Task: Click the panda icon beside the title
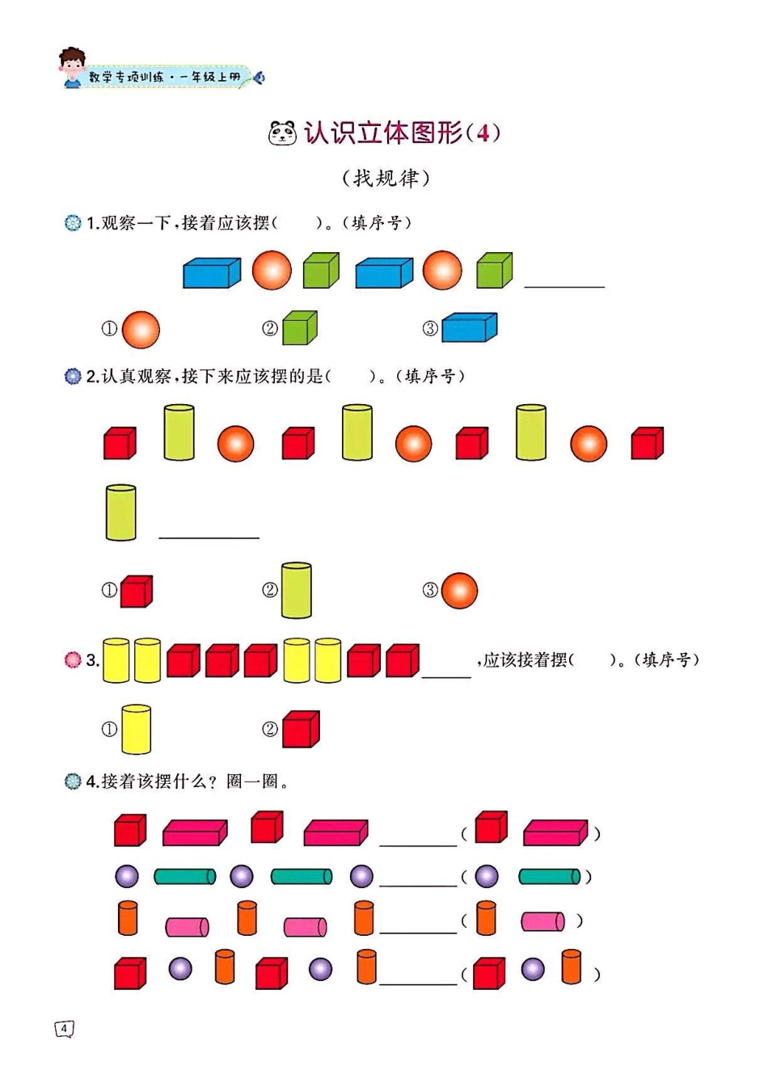(x=282, y=133)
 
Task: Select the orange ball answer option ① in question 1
(x=141, y=330)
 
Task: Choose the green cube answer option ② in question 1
(x=300, y=328)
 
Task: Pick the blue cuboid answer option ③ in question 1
(x=469, y=327)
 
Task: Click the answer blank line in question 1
(x=564, y=284)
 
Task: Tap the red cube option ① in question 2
(x=136, y=591)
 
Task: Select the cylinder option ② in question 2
(x=296, y=591)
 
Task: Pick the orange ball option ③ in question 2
(x=459, y=591)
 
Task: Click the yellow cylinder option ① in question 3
(x=136, y=729)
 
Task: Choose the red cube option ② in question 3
(x=301, y=729)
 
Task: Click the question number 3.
(x=92, y=660)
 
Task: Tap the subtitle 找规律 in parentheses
(x=386, y=178)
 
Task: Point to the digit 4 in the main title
(x=483, y=133)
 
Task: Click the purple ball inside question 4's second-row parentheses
(x=486, y=876)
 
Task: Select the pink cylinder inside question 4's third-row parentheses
(x=542, y=921)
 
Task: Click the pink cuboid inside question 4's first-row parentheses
(x=555, y=832)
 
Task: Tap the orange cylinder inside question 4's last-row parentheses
(x=571, y=967)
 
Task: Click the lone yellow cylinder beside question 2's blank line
(x=120, y=512)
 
